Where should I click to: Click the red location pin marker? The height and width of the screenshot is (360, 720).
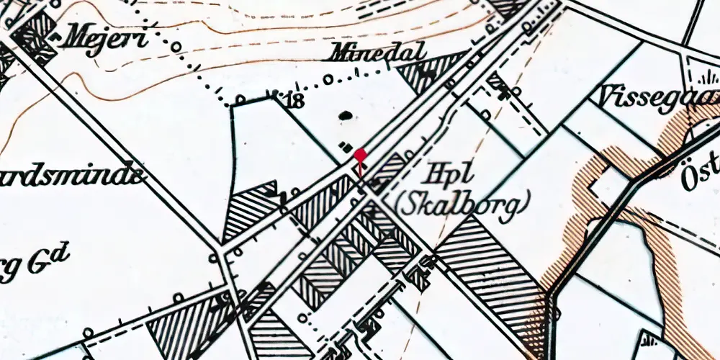(360, 154)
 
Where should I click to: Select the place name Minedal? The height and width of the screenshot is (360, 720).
(378, 53)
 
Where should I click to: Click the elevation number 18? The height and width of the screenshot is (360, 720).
(294, 100)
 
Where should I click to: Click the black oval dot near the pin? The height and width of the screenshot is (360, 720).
(346, 114)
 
